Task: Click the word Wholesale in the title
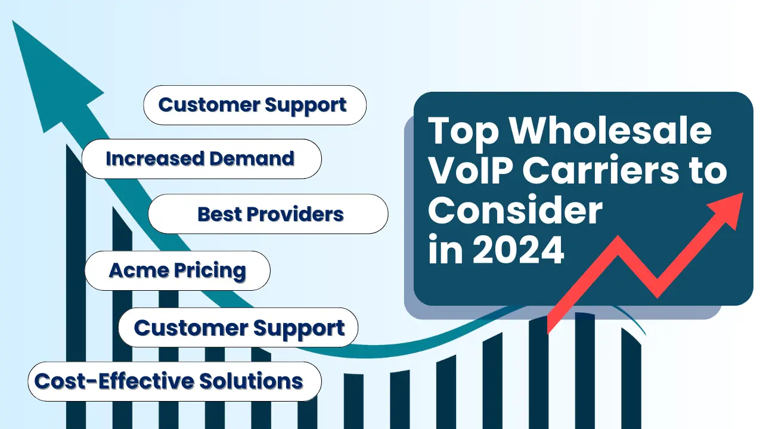coord(611,131)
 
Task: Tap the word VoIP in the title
coord(471,170)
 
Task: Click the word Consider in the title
coord(516,210)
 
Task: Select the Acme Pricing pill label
coord(178,271)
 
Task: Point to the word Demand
coord(252,158)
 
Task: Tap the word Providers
coord(295,214)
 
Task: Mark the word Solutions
coord(251,381)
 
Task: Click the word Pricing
coord(210,271)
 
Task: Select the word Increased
coord(155,158)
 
